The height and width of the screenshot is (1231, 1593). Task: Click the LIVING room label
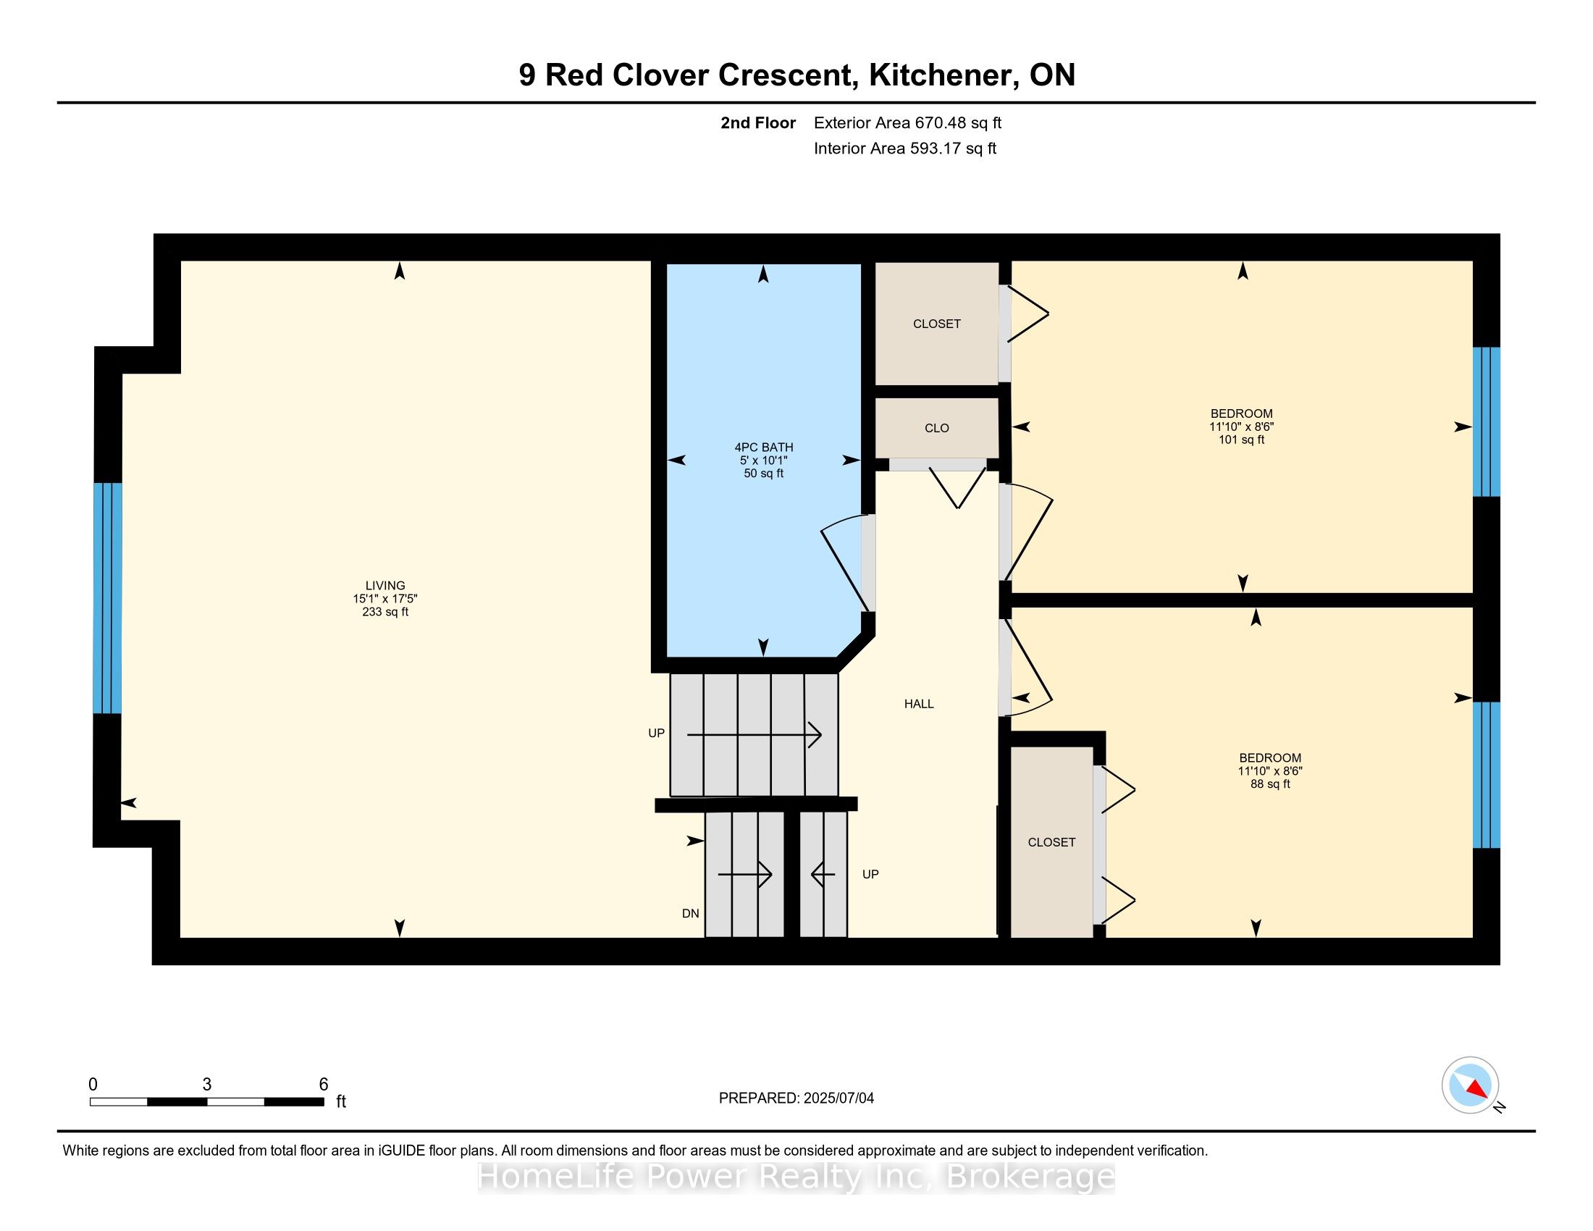pos(385,586)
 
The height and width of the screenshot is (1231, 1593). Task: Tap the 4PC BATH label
pos(764,447)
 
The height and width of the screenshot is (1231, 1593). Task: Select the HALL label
pos(919,704)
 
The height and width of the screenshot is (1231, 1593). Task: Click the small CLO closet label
pos(936,428)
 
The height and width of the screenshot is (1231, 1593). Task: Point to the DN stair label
pos(690,913)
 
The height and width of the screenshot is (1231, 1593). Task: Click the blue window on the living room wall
pos(107,597)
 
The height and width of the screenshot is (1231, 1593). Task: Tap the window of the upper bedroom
pos(1486,421)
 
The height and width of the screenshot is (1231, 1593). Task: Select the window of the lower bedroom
pos(1486,775)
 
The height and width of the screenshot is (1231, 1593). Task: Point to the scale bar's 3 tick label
pos(207,1085)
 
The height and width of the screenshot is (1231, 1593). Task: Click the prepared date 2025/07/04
pos(838,1098)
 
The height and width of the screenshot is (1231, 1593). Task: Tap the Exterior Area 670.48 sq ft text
pos(907,122)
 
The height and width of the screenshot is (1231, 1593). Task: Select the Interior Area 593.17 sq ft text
pos(905,148)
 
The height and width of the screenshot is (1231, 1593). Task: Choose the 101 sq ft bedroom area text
pos(1241,440)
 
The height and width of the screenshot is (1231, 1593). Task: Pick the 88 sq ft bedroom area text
pos(1270,784)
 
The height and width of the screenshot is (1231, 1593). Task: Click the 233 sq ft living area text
pos(385,612)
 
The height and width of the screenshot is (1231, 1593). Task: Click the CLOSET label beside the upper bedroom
pos(936,324)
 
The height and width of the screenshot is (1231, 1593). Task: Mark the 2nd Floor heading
pos(758,122)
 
